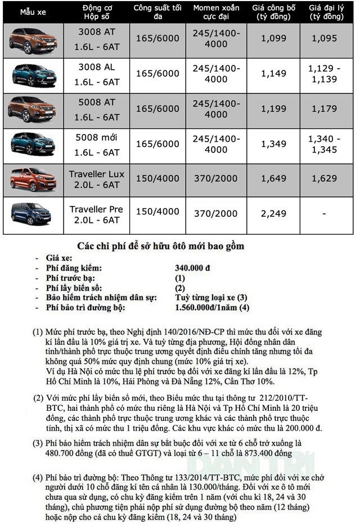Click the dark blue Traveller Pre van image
(x=31, y=214)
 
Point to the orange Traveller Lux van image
(x=31, y=179)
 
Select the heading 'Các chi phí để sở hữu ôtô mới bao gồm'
(x=160, y=246)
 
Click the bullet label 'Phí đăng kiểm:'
(x=73, y=268)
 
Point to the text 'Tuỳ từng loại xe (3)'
(x=211, y=297)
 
